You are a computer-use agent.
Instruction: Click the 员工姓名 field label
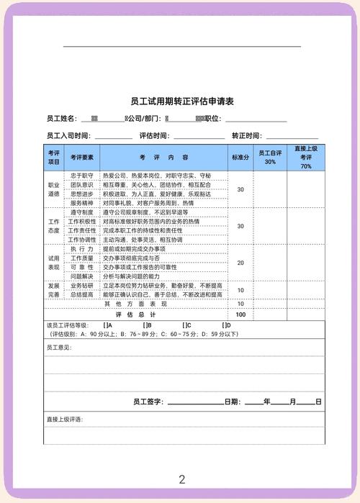click(61, 119)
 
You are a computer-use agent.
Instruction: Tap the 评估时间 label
click(154, 136)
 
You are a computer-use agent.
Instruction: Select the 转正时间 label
click(246, 136)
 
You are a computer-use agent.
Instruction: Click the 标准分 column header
click(240, 157)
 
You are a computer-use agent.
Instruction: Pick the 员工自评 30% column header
click(270, 157)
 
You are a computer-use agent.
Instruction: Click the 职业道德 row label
click(54, 189)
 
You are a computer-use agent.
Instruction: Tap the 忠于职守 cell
click(82, 175)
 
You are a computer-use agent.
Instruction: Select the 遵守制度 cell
click(82, 212)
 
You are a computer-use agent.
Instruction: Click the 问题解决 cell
click(82, 276)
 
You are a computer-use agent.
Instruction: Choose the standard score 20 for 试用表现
click(240, 263)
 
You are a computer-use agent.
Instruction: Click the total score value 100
click(240, 314)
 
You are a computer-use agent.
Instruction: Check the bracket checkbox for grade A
click(105, 325)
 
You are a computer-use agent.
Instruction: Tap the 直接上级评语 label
click(64, 419)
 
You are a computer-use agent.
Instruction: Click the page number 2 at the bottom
click(182, 479)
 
